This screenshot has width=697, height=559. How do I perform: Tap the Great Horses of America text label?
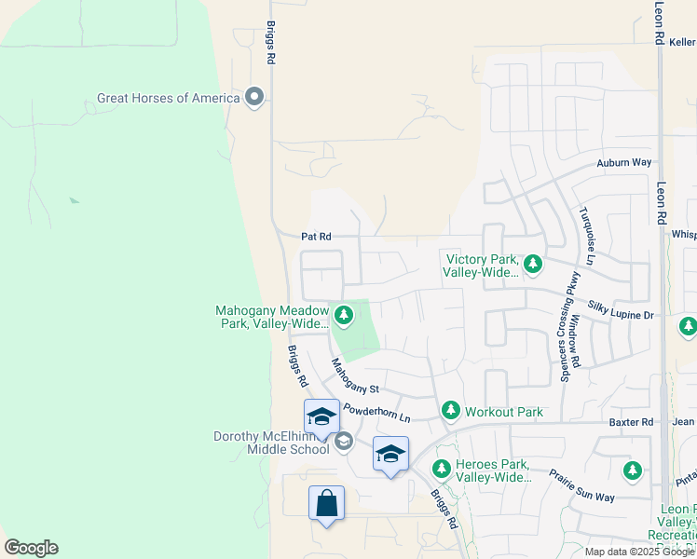[x=169, y=98]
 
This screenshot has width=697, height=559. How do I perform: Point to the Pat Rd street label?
[x=316, y=238]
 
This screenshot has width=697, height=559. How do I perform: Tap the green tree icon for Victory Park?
[x=533, y=266]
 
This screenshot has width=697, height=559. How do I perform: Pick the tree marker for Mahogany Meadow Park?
[x=344, y=317]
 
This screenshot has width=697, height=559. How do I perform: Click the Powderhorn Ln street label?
[x=376, y=413]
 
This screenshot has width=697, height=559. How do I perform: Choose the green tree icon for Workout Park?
[x=451, y=411]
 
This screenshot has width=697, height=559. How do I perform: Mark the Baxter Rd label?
[x=634, y=422]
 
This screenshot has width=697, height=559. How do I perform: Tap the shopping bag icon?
[x=326, y=504]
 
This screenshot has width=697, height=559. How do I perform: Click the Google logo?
[x=31, y=548]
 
